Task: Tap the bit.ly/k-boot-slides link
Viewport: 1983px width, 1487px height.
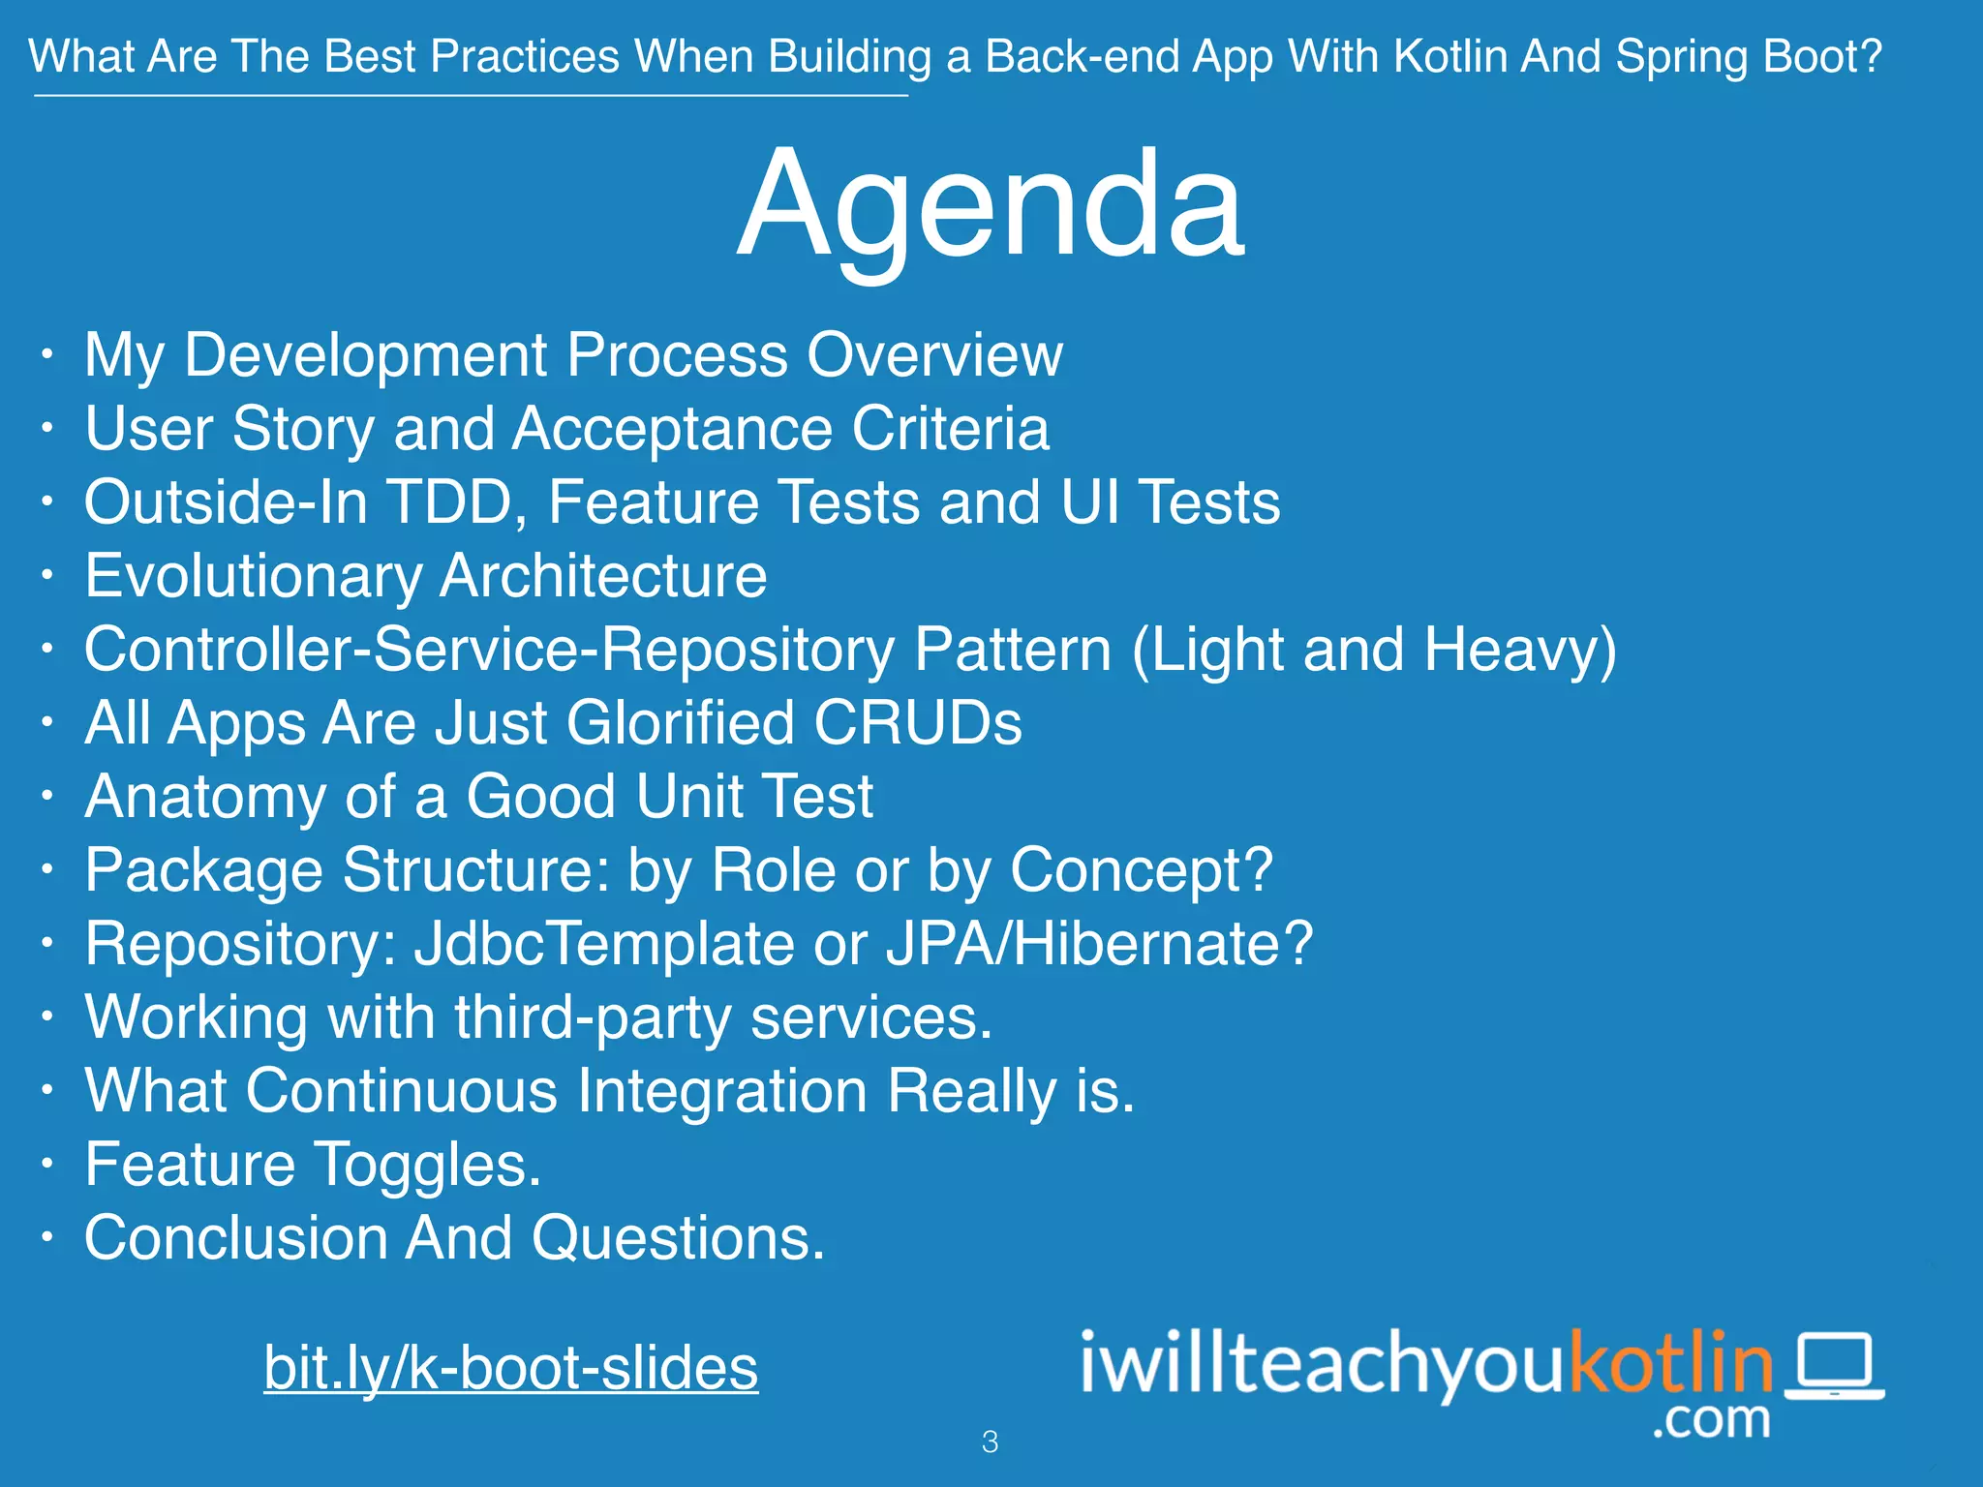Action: coord(510,1367)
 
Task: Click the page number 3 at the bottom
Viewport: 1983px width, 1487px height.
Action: coord(990,1441)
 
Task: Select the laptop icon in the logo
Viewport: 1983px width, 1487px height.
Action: coord(1834,1366)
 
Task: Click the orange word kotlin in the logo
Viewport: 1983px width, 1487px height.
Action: coord(1671,1362)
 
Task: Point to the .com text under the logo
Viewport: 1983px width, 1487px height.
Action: coord(1711,1419)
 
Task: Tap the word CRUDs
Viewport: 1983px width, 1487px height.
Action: coord(917,722)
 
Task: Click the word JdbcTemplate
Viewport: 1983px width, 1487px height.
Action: coord(604,943)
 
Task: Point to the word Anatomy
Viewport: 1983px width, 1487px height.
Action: coord(205,797)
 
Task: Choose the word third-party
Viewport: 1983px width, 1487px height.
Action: coord(593,1017)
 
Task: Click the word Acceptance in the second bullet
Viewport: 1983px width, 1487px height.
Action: coord(672,428)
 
